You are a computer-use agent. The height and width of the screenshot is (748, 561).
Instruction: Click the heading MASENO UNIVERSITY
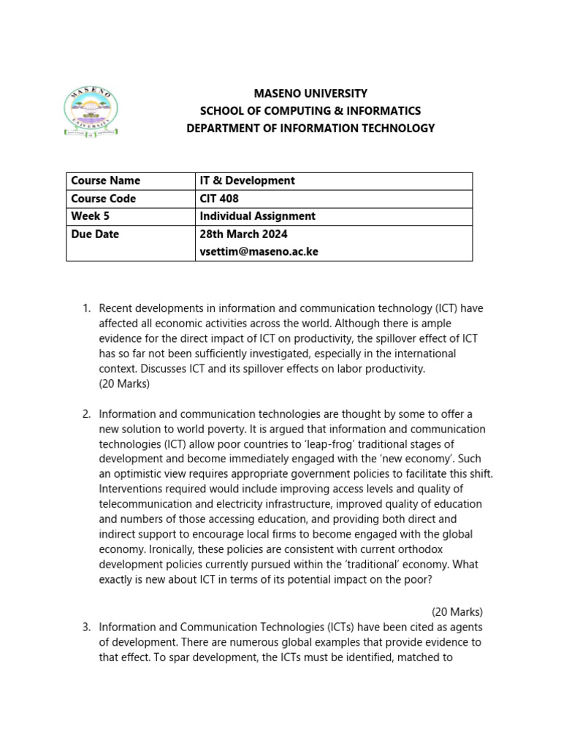[310, 93]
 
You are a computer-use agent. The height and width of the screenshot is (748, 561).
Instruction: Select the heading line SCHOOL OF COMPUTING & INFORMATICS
[310, 111]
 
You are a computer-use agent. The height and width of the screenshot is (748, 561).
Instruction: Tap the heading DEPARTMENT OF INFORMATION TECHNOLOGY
[310, 129]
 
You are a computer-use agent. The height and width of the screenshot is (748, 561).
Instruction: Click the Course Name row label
[105, 180]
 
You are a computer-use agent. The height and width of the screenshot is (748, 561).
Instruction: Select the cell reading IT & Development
[247, 180]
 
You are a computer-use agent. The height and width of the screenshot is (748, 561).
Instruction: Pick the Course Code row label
[103, 199]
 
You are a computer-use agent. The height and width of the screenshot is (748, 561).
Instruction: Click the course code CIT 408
[219, 199]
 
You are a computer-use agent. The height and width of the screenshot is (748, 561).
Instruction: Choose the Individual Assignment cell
[257, 216]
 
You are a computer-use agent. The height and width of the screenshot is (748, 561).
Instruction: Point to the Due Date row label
[95, 234]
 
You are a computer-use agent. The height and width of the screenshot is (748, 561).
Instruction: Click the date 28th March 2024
[243, 234]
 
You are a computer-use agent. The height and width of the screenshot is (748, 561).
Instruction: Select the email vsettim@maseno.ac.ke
[259, 251]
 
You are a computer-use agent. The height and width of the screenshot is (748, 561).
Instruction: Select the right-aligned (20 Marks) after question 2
[457, 612]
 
